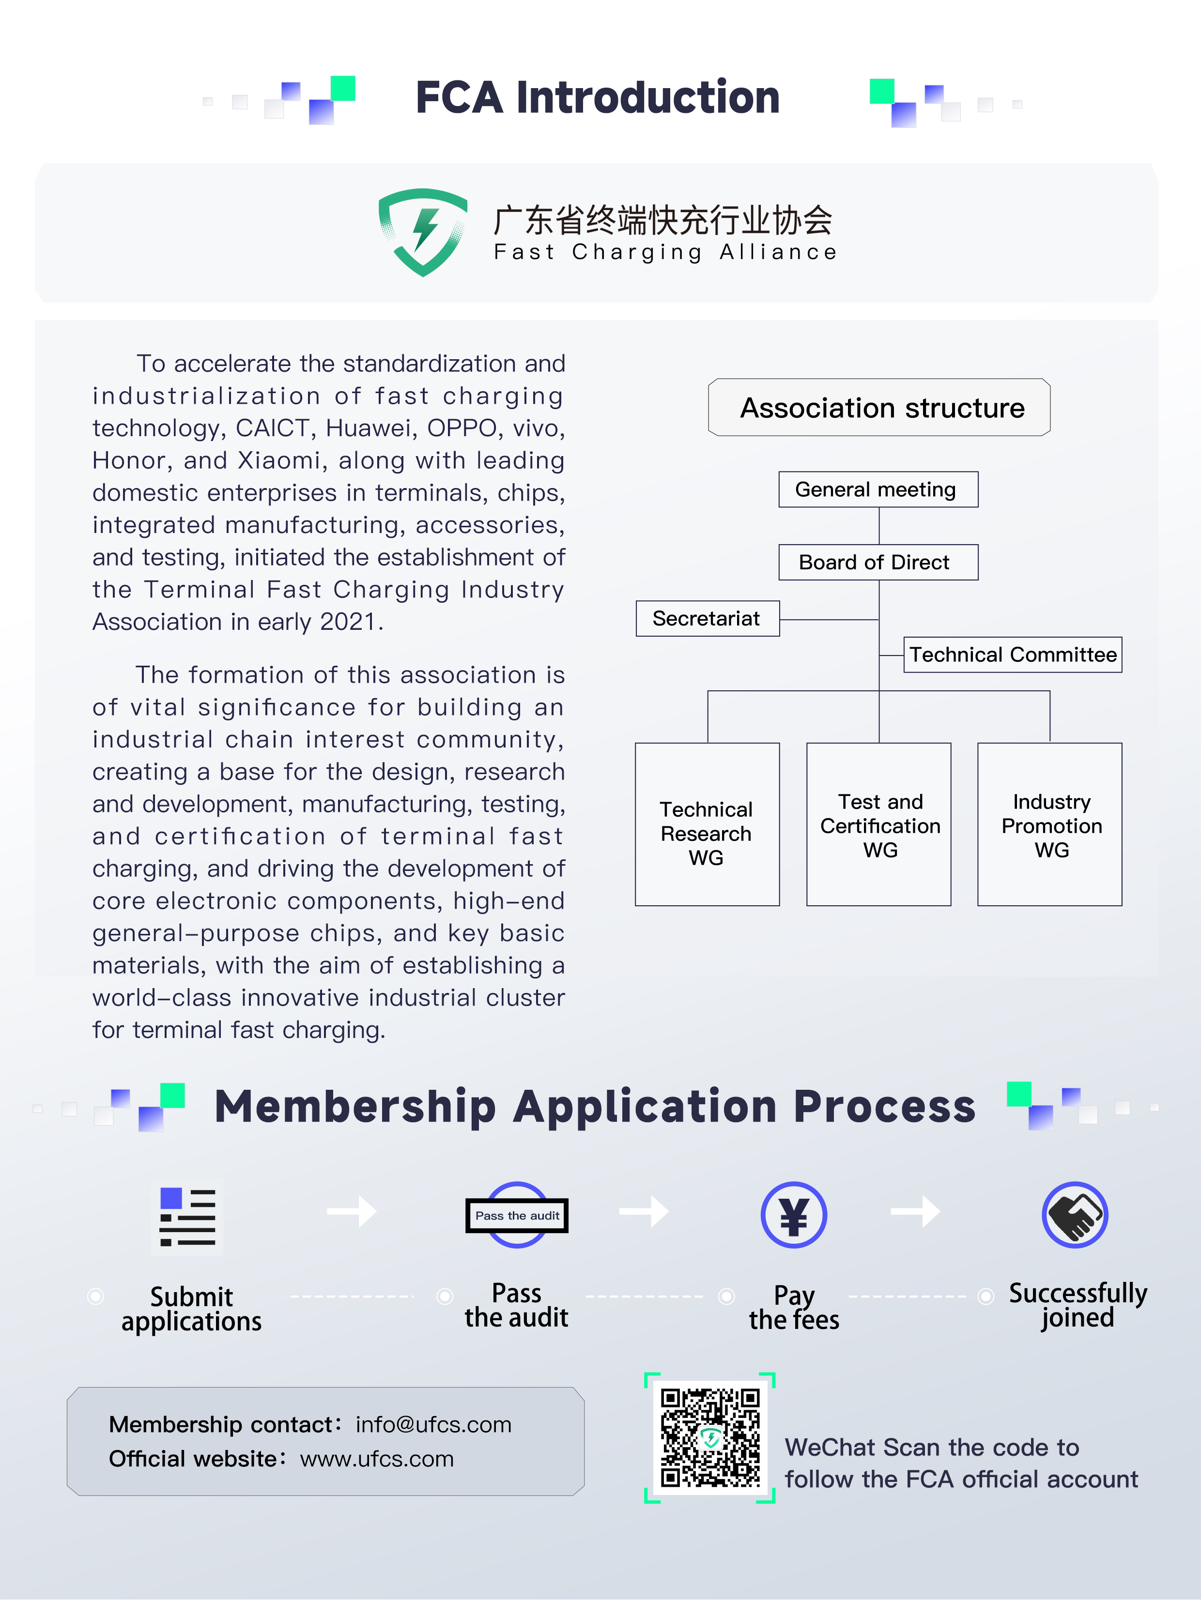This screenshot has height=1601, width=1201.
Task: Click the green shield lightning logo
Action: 423,231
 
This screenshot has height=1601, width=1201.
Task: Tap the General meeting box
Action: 878,489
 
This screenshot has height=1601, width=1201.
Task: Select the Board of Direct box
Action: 878,563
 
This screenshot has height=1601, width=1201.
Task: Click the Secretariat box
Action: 707,619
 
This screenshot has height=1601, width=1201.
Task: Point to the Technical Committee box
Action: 1012,655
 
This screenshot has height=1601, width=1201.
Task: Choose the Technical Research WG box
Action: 707,824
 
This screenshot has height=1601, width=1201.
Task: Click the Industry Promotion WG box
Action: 1050,824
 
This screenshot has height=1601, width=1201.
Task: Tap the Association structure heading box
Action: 879,408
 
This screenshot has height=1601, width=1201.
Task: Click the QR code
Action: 710,1437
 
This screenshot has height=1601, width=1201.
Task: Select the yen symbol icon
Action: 793,1215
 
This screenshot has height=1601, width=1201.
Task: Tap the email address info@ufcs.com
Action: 433,1424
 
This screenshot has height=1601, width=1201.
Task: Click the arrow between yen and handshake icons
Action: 915,1211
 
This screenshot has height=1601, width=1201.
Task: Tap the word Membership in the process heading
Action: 354,1107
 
